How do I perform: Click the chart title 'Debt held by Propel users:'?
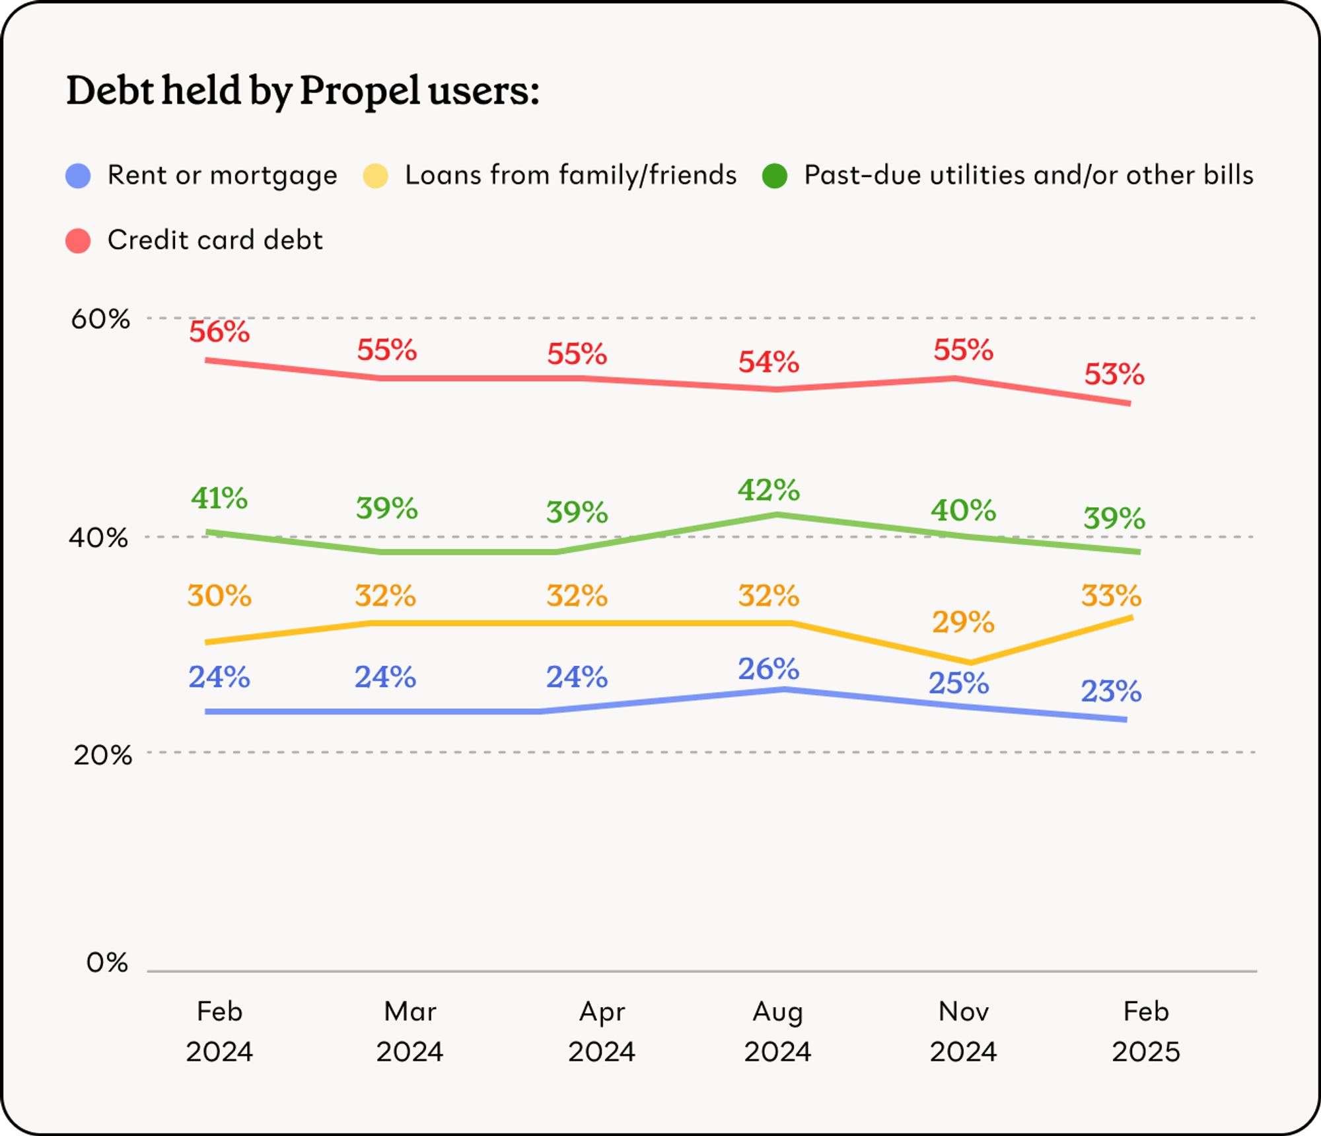(x=303, y=90)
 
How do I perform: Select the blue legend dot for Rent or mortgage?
(x=78, y=176)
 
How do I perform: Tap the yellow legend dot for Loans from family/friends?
(x=375, y=176)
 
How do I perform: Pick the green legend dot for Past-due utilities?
(x=774, y=176)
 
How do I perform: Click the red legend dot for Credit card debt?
(x=78, y=240)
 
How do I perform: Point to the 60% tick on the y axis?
(x=100, y=319)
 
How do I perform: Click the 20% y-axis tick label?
(x=102, y=754)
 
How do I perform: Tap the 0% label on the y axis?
(x=107, y=962)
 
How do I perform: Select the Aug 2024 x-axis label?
(x=777, y=1031)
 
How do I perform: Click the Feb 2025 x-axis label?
(x=1145, y=1031)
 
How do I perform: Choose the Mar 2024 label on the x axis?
(x=410, y=1031)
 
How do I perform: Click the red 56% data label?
(x=219, y=332)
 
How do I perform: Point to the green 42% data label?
(x=769, y=490)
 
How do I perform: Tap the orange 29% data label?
(x=963, y=622)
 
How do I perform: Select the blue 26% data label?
(x=769, y=669)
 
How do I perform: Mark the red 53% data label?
(x=1114, y=374)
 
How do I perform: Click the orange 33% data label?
(x=1112, y=596)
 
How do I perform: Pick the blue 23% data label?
(x=1112, y=692)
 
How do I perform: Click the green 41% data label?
(x=219, y=498)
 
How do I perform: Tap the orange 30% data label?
(x=219, y=596)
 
